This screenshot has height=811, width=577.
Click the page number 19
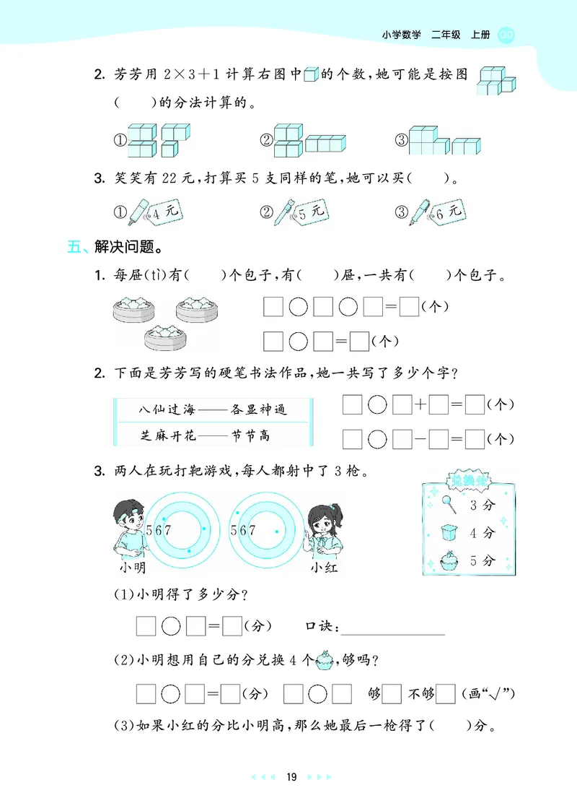291,777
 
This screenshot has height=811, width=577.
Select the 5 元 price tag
311,212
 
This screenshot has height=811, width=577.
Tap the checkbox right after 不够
446,694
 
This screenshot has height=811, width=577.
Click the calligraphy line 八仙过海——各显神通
213,409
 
